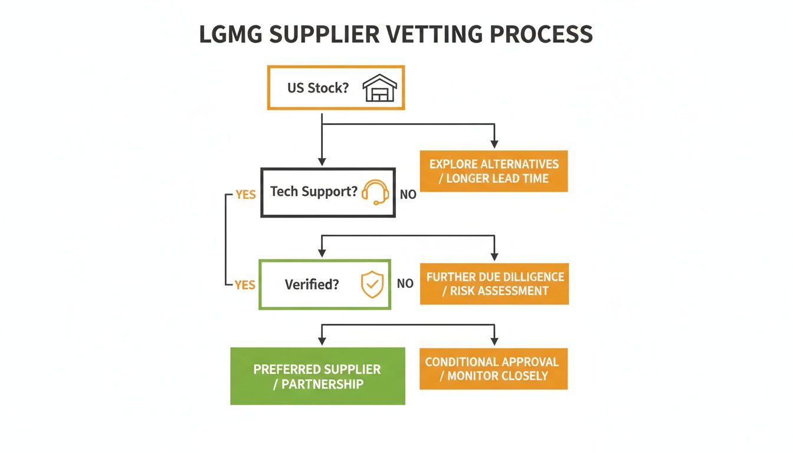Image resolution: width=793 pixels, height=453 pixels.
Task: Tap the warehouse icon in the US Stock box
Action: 380,88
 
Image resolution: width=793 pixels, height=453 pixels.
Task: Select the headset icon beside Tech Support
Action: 375,192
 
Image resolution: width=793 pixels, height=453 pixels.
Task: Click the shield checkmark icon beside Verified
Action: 372,284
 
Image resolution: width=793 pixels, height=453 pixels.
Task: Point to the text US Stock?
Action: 318,88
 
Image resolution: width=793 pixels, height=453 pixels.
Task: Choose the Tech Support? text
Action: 314,192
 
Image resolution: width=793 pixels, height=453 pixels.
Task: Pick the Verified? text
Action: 312,284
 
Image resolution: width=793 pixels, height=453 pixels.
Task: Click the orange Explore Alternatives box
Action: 494,171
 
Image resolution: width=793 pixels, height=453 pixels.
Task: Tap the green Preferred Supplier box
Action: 317,376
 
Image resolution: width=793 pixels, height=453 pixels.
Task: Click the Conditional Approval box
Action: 494,369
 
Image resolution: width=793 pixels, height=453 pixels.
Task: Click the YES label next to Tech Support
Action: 245,194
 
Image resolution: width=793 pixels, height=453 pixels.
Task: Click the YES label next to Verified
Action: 245,285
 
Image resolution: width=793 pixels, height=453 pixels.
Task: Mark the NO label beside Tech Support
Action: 408,194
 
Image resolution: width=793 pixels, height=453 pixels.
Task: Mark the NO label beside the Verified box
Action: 405,284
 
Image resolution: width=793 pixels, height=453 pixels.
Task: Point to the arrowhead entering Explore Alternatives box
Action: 494,145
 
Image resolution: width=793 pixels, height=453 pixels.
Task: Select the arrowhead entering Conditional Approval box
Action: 494,342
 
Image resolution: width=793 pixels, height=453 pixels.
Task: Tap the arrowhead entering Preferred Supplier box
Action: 322,341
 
